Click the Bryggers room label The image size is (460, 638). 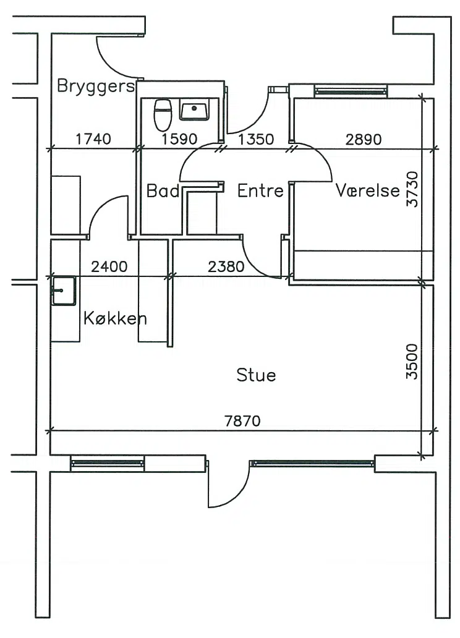(96, 87)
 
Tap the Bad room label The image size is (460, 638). (163, 190)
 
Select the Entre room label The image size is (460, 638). (260, 190)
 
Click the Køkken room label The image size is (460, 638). (115, 318)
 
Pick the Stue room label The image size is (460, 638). (256, 375)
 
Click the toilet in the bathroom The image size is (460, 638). (163, 114)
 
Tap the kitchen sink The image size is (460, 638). (64, 291)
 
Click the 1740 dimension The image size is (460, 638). (93, 139)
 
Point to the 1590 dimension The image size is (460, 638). (179, 139)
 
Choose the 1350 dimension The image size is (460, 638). (255, 139)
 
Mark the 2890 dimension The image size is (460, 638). (364, 140)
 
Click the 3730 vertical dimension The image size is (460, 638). (412, 189)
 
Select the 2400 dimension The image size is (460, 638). (109, 266)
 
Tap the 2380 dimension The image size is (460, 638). (226, 266)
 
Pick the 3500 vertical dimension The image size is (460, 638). (412, 362)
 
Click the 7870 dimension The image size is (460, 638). (242, 421)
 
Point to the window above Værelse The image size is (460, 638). (351, 91)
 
